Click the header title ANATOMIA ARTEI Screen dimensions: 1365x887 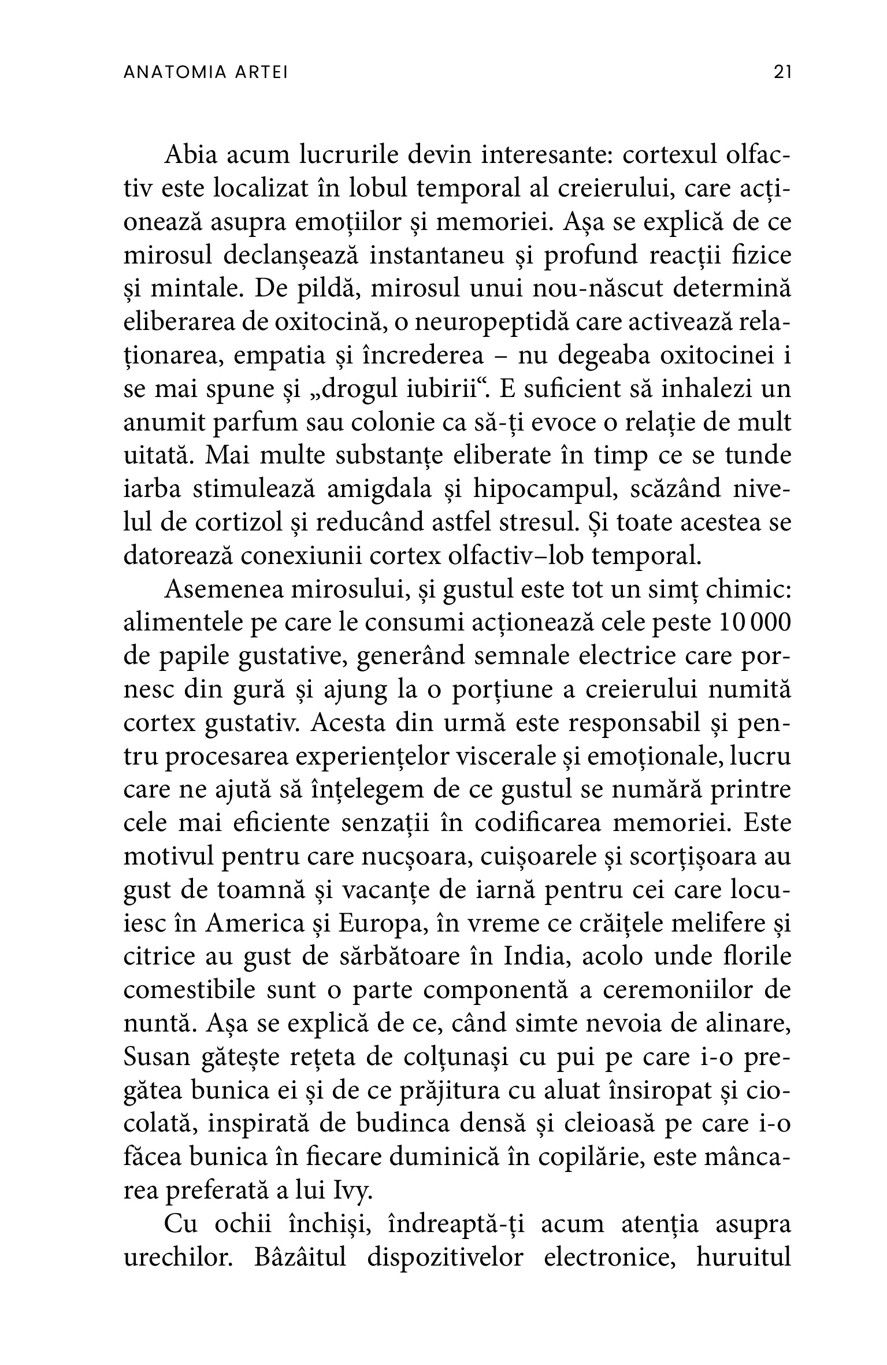(206, 73)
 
